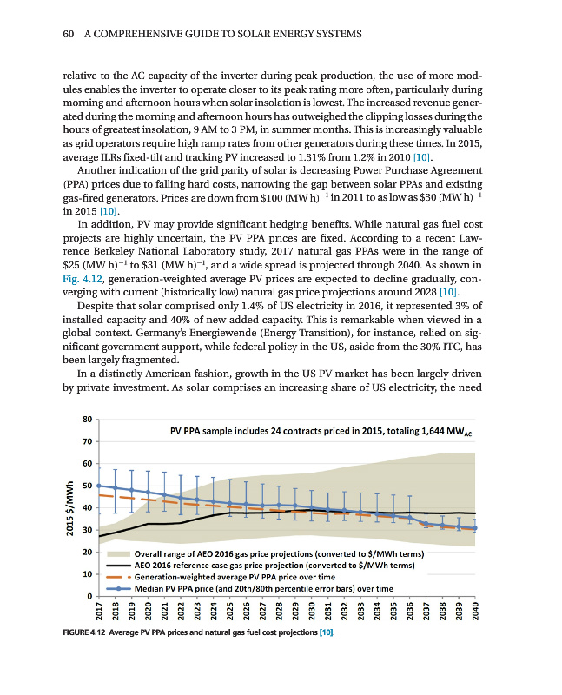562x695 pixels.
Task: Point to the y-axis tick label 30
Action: click(87, 530)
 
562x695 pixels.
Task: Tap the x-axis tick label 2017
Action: click(99, 612)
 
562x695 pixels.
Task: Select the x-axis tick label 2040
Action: click(475, 612)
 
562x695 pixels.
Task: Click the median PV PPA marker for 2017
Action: click(99, 486)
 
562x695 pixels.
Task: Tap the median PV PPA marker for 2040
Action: click(475, 528)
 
